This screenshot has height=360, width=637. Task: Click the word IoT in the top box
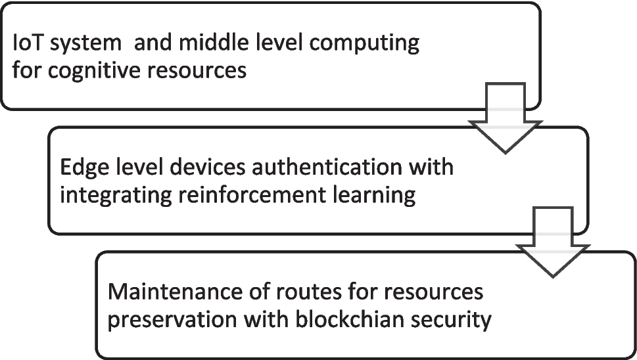click(28, 45)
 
